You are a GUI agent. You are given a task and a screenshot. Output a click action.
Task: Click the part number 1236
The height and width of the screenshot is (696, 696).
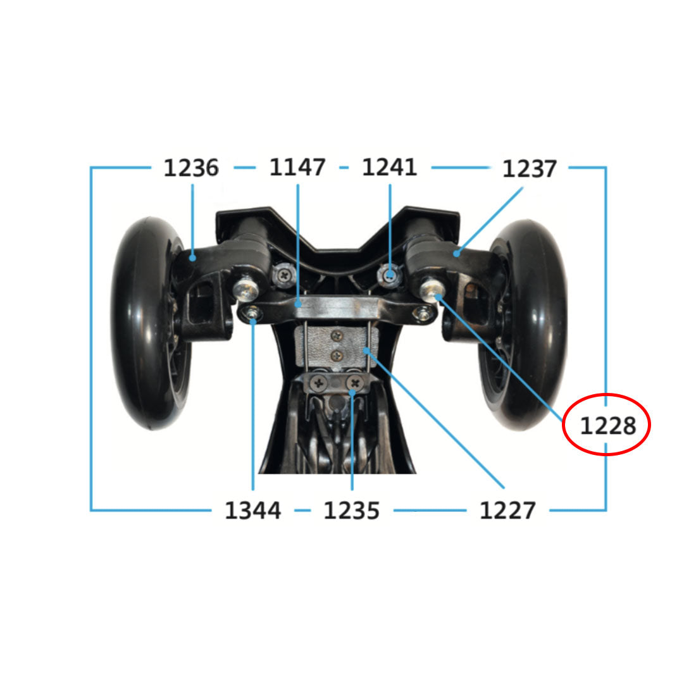(x=191, y=168)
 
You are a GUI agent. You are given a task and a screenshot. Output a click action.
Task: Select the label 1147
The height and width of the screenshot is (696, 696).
(x=297, y=167)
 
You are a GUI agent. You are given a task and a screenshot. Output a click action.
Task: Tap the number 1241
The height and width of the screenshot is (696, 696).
(x=389, y=167)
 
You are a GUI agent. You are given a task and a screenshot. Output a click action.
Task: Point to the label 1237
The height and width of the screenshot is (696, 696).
(x=529, y=169)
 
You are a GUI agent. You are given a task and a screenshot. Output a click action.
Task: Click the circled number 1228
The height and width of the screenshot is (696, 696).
(x=608, y=426)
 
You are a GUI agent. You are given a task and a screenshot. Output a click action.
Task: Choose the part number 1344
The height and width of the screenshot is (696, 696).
(x=252, y=511)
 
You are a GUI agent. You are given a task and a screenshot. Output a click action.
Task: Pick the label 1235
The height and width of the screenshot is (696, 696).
(x=352, y=511)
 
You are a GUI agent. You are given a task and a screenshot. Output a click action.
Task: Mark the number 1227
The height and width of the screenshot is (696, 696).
(x=507, y=511)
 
